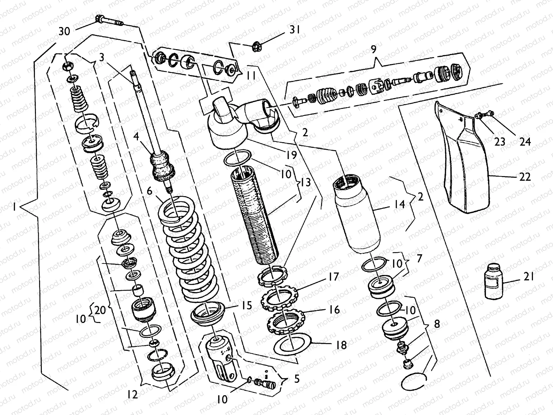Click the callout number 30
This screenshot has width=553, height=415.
64,31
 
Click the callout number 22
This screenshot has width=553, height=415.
525,177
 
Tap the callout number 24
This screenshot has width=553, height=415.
525,141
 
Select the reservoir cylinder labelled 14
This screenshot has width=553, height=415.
359,214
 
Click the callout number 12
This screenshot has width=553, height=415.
132,395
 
